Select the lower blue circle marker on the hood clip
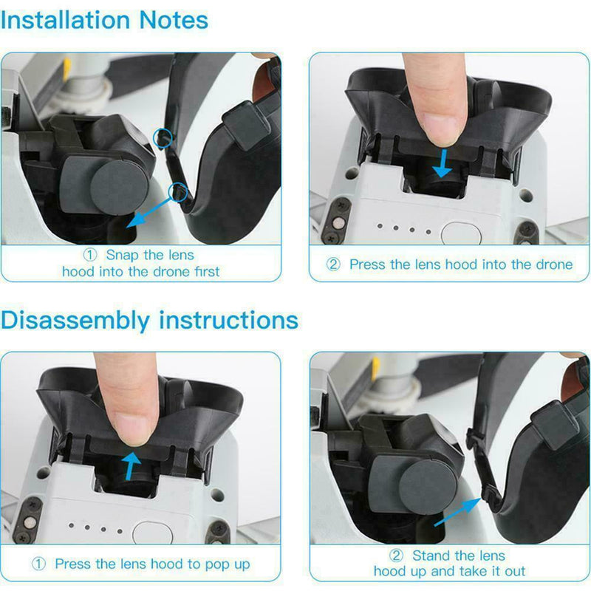coord(178,192)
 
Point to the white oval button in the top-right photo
coord(460,233)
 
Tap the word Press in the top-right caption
coord(367,264)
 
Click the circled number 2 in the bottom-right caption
coord(397,556)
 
